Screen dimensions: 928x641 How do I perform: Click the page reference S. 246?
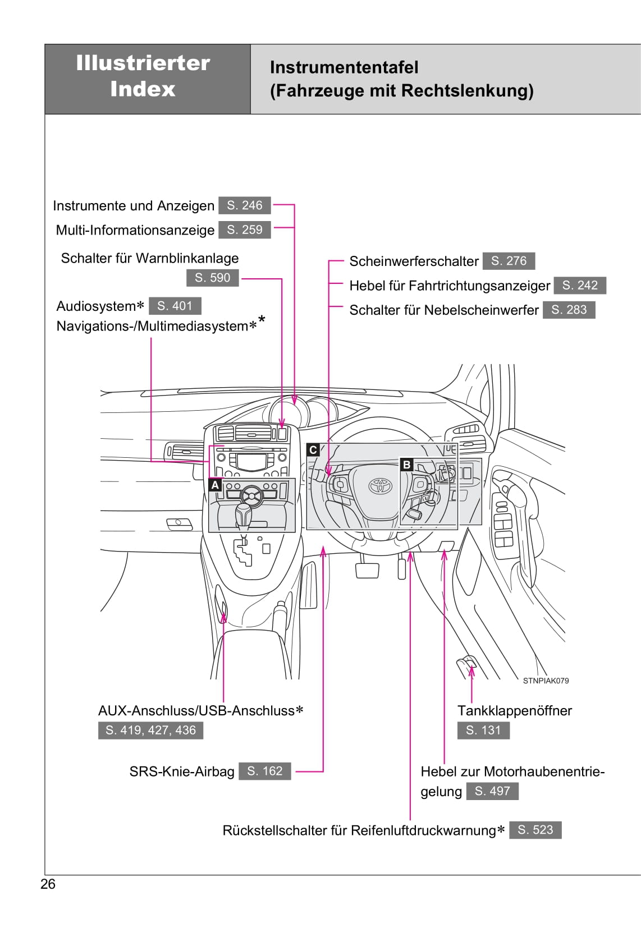pos(244,205)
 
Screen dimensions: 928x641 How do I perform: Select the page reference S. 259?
pos(244,229)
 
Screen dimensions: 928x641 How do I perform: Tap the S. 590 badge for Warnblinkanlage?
pos(212,278)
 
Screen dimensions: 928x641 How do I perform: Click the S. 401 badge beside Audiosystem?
pos(175,306)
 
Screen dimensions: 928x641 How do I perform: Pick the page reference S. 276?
pos(509,261)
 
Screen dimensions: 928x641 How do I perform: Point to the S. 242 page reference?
pos(580,285)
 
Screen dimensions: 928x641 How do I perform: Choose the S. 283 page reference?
pos(569,310)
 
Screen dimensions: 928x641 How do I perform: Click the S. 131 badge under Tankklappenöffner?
pos(483,730)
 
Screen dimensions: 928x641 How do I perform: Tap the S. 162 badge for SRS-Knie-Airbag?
pos(264,771)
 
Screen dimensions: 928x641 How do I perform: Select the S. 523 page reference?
pos(535,830)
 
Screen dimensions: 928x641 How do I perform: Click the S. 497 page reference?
pos(492,791)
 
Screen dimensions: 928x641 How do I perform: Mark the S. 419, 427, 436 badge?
pos(150,730)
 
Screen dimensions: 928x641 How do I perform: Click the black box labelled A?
pos(215,485)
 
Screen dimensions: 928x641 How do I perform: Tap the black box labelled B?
pos(406,465)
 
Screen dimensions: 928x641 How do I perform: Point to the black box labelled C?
pos(313,449)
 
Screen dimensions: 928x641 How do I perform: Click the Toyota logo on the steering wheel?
pos(379,486)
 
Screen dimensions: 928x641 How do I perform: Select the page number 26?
pos(48,884)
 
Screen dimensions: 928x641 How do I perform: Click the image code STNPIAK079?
pos(546,681)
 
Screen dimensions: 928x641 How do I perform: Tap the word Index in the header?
pos(143,89)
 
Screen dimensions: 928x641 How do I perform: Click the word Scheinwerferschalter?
pos(414,261)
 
